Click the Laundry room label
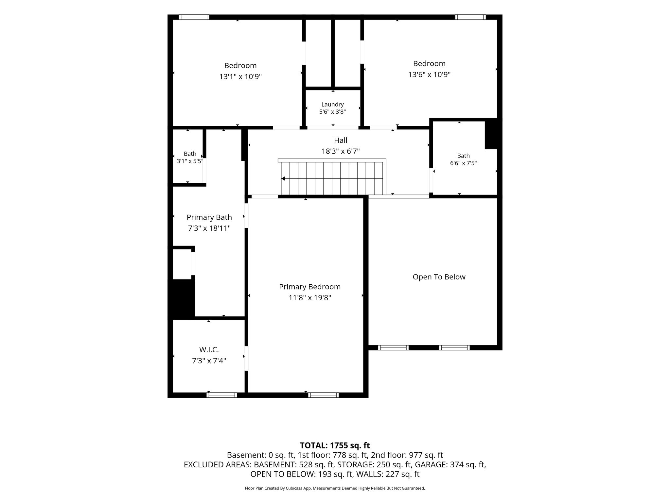coord(332,104)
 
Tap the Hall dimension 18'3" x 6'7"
coord(341,151)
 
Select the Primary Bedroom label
coord(310,287)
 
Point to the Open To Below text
coord(439,277)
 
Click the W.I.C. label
coord(209,350)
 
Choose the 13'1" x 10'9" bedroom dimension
coord(240,77)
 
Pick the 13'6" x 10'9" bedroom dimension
coord(429,75)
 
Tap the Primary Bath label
coord(209,217)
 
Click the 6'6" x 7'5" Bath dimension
coord(463,163)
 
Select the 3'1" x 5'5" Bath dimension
coord(190,161)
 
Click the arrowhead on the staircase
coord(283,178)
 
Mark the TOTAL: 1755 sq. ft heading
coord(335,445)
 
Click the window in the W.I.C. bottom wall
coord(222,395)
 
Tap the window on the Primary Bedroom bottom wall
coord(324,395)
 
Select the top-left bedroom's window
coord(194,17)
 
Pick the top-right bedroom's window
coord(470,17)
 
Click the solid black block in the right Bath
coord(491,134)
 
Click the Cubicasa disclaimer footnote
coord(335,488)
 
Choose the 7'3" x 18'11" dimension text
coord(209,228)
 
